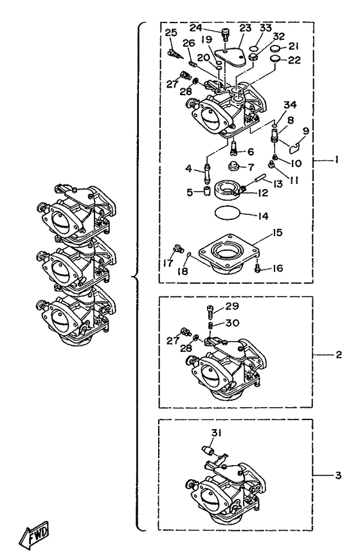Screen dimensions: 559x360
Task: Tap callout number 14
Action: (x=263, y=217)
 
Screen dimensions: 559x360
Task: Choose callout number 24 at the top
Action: (x=196, y=28)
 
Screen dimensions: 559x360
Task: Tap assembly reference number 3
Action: (x=338, y=476)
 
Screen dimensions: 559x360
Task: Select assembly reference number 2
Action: (x=338, y=354)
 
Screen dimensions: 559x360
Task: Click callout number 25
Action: (x=170, y=33)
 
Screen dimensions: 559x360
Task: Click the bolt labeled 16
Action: (x=257, y=268)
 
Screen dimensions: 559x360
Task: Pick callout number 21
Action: (x=293, y=46)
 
